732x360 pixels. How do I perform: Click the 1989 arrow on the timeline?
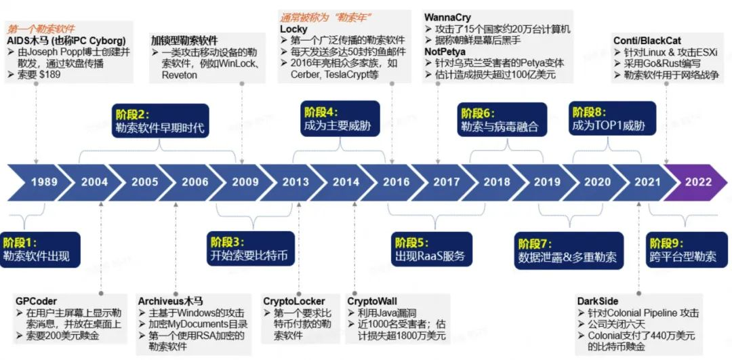click(x=44, y=182)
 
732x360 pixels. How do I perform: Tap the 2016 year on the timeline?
click(x=396, y=182)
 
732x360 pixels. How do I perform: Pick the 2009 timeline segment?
click(x=245, y=182)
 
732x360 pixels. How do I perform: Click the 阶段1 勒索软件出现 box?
click(x=40, y=249)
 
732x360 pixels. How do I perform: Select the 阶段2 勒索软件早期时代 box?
click(x=158, y=120)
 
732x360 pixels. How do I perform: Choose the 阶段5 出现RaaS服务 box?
click(x=430, y=249)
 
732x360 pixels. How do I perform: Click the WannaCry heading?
click(x=447, y=17)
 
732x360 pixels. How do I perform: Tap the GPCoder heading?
click(x=37, y=301)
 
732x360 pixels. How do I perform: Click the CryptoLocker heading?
click(x=294, y=301)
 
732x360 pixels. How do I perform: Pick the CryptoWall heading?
click(x=372, y=301)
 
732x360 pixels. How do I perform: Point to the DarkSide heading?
click(x=597, y=301)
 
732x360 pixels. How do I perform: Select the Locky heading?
click(x=293, y=29)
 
